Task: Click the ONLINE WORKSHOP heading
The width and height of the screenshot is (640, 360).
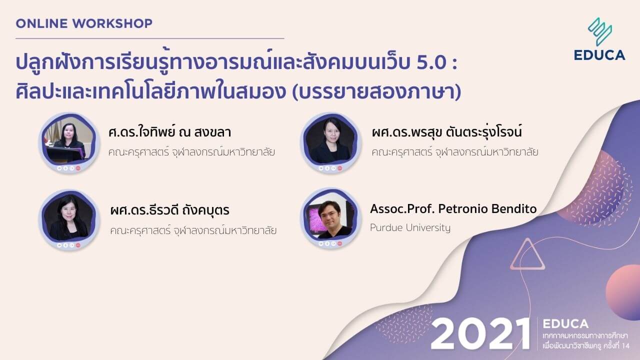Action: point(84,23)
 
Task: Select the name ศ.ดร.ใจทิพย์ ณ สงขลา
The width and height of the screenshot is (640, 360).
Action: point(169,132)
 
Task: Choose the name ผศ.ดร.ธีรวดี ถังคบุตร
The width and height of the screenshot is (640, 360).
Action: point(169,210)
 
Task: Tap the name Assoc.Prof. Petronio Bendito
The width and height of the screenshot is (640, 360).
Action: point(453,208)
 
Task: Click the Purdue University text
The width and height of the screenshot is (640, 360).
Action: point(410,228)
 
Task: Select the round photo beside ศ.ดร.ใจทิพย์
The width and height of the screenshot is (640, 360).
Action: point(68,141)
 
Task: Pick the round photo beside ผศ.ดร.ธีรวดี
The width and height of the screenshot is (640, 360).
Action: point(68,219)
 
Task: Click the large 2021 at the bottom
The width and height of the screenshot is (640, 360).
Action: point(480,333)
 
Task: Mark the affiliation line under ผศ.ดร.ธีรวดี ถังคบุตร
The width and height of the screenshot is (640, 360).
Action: point(193,230)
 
